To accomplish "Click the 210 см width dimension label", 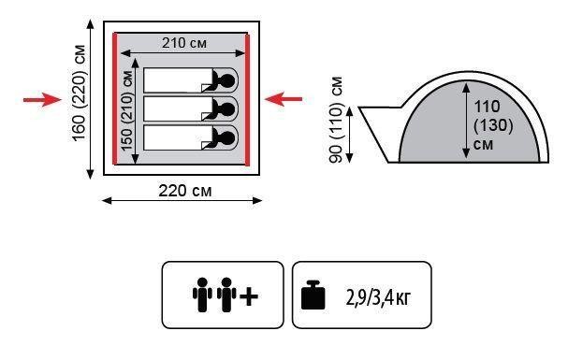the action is [184, 43].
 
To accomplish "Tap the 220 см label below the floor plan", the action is [184, 191].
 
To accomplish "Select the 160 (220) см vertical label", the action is [80, 93].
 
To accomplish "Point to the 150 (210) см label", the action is [126, 111].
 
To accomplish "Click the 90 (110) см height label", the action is [335, 120].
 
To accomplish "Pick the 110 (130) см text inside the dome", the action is [493, 124].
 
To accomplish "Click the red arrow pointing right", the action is [43, 99].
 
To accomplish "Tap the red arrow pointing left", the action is [284, 99].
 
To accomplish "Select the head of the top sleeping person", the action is [227, 80].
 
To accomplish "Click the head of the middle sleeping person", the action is [227, 108].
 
